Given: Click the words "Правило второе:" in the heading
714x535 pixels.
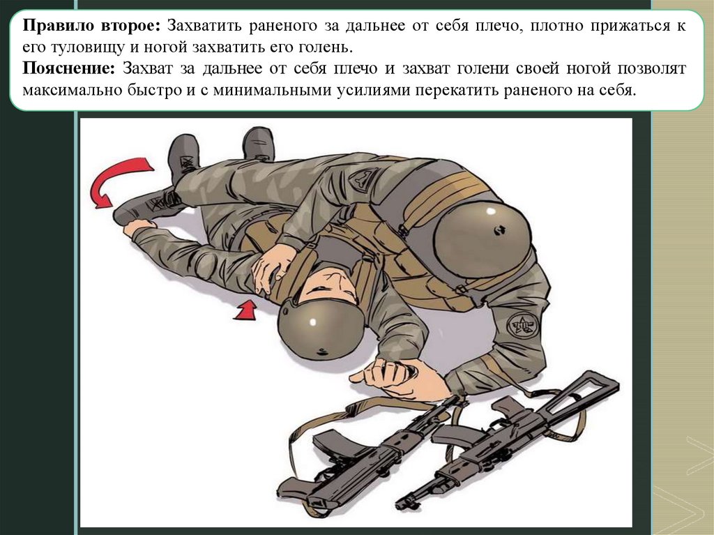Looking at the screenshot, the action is click(91, 26).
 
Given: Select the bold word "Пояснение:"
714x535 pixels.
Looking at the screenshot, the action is click(69, 68).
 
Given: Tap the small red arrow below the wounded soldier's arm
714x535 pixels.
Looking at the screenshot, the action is click(246, 310).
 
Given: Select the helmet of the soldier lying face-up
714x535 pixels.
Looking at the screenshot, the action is click(320, 329).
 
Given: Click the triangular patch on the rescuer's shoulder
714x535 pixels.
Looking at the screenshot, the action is click(363, 178).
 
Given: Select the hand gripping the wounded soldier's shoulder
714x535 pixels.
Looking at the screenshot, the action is click(273, 268).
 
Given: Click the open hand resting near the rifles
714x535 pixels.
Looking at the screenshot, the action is click(401, 377).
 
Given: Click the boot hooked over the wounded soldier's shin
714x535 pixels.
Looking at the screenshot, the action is click(146, 206).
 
